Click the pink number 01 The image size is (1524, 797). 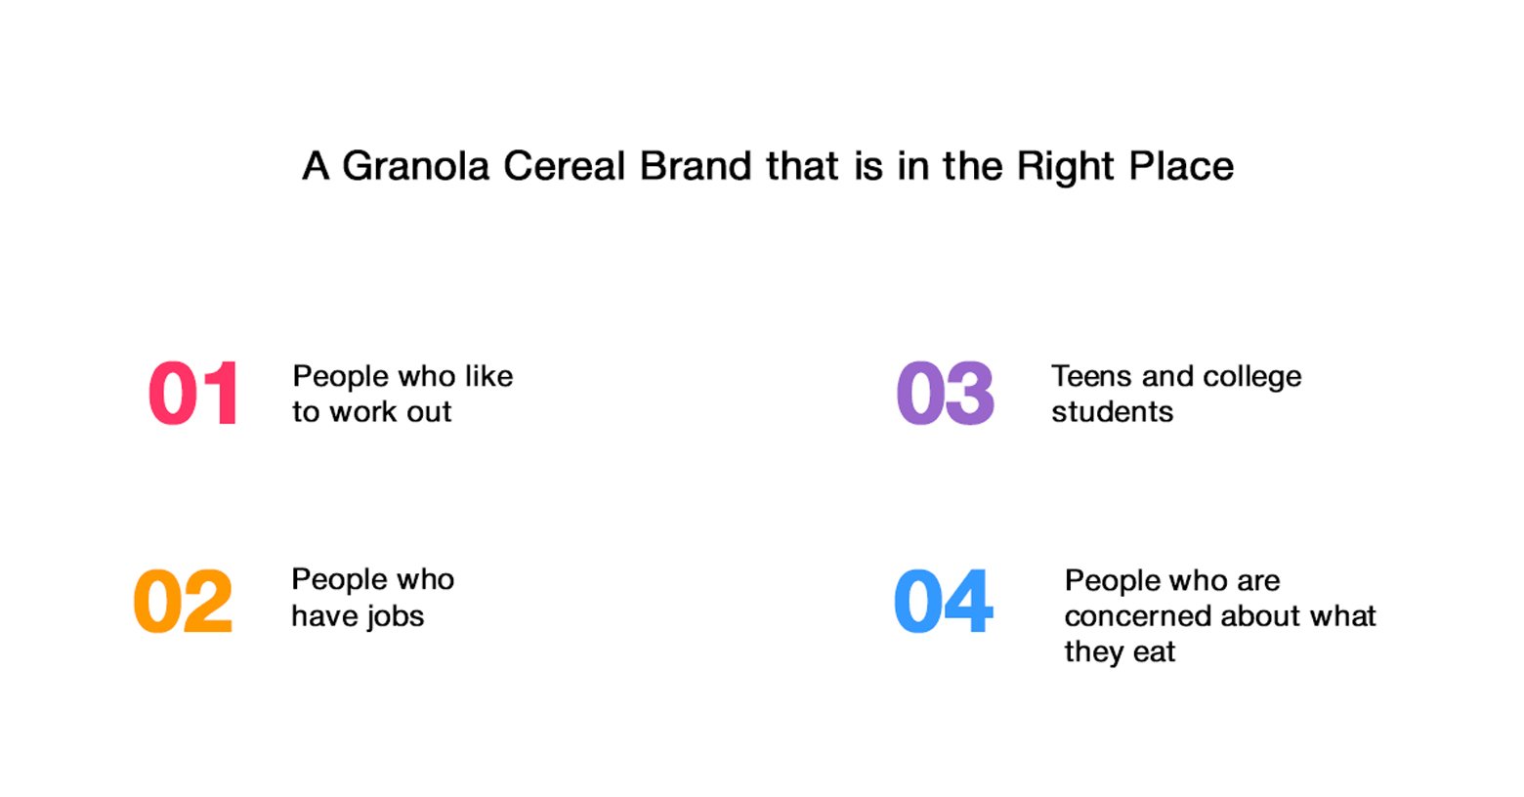[x=193, y=394]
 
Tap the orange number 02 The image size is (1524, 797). [x=183, y=601]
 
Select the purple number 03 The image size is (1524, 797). [x=946, y=394]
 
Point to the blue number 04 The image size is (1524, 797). [x=944, y=601]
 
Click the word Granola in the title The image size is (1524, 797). [x=415, y=166]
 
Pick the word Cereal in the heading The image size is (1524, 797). [x=564, y=166]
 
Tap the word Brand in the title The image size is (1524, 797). [x=696, y=166]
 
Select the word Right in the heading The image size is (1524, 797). [x=1066, y=167]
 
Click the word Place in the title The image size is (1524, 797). [x=1181, y=166]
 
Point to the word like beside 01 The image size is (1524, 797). [x=488, y=376]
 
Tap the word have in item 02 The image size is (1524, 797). [x=324, y=615]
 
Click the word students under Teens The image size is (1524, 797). [x=1113, y=411]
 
